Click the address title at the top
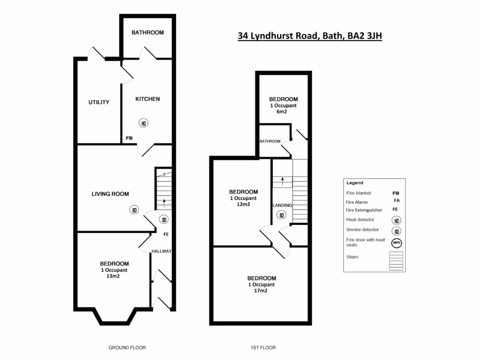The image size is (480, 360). point(310,36)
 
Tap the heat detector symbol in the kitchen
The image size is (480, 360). point(143,123)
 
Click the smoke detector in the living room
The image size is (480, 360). point(134,210)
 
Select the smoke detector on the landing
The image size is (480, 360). point(281,215)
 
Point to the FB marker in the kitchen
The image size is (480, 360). point(129,138)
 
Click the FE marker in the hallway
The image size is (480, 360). point(166,234)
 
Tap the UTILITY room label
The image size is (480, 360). point(99,102)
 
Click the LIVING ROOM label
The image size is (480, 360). point(110,194)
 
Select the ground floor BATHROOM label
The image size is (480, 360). point(148,33)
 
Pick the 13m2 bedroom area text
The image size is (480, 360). point(114,277)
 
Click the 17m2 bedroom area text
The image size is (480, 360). point(261,291)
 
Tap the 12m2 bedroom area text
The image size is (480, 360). point(243,204)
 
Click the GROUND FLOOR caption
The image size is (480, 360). point(127,348)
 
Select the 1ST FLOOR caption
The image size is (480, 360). point(263,348)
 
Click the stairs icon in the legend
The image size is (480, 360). point(396,261)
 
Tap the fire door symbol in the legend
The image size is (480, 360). point(397,242)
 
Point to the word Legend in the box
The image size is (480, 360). point(354,183)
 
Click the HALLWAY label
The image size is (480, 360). point(161,252)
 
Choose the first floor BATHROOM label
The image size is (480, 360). point(270,141)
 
